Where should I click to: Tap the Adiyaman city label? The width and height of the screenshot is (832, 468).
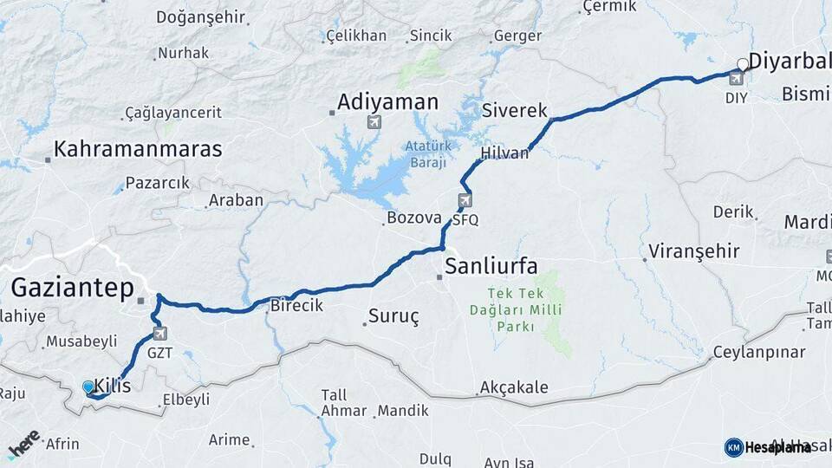pyautogui.click(x=387, y=102)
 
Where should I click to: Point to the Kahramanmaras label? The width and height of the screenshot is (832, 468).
pyautogui.click(x=138, y=149)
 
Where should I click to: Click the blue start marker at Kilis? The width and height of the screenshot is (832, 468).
pyautogui.click(x=88, y=387)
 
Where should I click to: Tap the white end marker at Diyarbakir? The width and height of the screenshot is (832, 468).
pyautogui.click(x=742, y=63)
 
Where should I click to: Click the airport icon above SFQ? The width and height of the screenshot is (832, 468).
pyautogui.click(x=465, y=201)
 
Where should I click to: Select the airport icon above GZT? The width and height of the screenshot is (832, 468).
pyautogui.click(x=159, y=333)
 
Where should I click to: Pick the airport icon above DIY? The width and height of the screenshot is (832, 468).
pyautogui.click(x=736, y=79)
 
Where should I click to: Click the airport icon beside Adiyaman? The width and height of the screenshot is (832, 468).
pyautogui.click(x=374, y=122)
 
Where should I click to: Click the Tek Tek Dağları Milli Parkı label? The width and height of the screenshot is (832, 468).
pyautogui.click(x=524, y=310)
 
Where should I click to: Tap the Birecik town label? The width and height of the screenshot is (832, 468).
pyautogui.click(x=296, y=305)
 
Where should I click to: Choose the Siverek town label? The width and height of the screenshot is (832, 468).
pyautogui.click(x=515, y=111)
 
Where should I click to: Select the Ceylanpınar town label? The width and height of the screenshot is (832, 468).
pyautogui.click(x=758, y=353)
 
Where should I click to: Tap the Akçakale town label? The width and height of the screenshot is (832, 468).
pyautogui.click(x=514, y=387)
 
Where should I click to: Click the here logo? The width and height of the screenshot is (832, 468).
pyautogui.click(x=23, y=443)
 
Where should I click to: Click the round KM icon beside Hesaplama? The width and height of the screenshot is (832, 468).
pyautogui.click(x=733, y=447)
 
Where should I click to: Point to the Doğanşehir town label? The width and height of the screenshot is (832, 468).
pyautogui.click(x=198, y=16)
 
